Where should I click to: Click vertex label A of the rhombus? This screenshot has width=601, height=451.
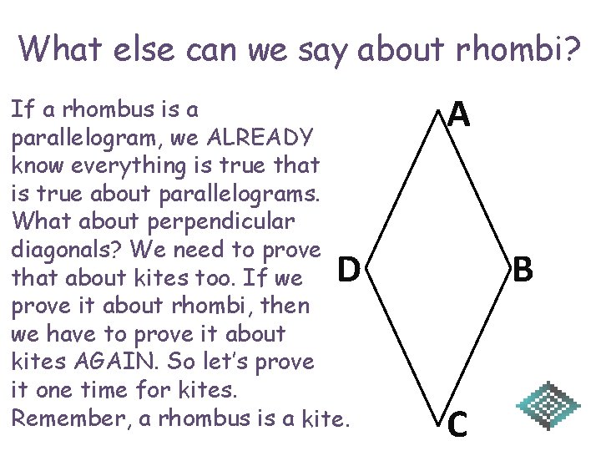[x=459, y=114]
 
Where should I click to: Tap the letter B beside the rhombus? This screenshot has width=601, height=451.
[x=523, y=269]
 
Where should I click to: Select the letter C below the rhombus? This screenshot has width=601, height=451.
[x=457, y=424]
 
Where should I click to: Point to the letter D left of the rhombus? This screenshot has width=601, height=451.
[x=349, y=269]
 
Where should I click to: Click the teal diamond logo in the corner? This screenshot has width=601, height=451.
[x=548, y=407]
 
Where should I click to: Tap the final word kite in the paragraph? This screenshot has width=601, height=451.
[x=321, y=418]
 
